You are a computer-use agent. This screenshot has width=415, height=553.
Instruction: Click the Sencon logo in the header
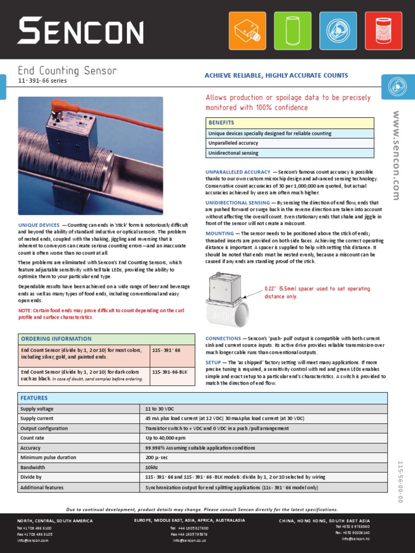[80, 30]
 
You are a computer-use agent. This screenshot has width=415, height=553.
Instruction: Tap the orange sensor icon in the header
[247, 30]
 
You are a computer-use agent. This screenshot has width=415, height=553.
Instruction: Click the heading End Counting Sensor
[67, 71]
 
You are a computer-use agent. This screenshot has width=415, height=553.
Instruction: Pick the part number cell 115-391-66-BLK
[171, 372]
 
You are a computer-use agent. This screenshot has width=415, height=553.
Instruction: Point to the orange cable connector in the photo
[56, 106]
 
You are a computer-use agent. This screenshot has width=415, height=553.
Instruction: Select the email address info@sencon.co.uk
[190, 540]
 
